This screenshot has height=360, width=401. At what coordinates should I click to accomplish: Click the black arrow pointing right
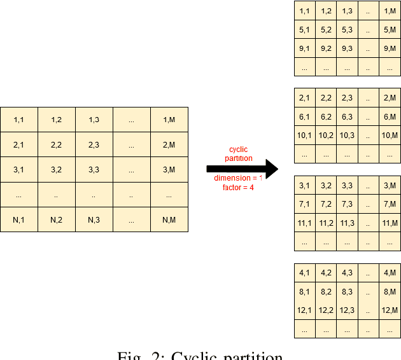243,169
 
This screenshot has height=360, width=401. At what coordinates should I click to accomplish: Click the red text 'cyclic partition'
239,154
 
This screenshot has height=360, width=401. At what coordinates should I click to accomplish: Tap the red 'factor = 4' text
238,188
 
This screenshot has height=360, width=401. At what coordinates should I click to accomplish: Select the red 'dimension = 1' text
238,178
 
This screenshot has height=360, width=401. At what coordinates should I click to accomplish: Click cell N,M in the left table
169,219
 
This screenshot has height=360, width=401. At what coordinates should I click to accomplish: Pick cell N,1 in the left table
18,219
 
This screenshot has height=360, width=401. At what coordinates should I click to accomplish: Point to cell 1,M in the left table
169,120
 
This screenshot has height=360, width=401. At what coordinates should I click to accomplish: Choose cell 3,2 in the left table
56,170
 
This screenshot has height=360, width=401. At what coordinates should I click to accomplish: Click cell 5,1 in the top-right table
304,29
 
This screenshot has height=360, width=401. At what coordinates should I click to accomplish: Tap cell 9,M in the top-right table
390,48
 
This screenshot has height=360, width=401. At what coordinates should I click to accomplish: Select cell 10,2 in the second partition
326,135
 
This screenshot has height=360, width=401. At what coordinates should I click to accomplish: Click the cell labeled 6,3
347,116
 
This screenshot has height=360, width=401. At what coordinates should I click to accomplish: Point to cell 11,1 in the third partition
304,223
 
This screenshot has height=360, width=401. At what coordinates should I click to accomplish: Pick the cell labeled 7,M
390,204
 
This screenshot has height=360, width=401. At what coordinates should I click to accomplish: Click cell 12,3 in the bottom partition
347,310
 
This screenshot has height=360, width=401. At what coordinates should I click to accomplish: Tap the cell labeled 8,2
326,292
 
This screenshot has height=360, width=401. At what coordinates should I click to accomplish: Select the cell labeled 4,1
304,273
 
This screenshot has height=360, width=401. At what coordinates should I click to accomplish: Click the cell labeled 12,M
390,310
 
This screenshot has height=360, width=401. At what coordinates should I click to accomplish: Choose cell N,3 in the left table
94,219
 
